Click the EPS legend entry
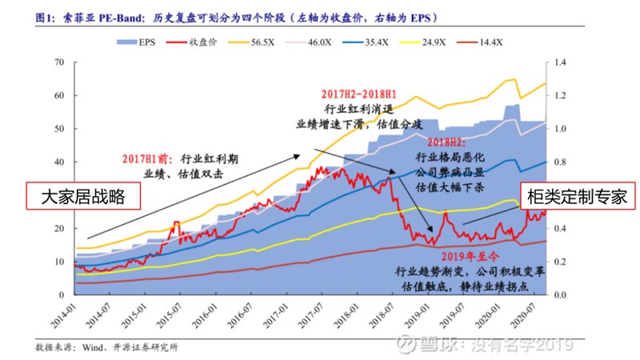(145, 41)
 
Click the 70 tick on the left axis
(58, 62)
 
